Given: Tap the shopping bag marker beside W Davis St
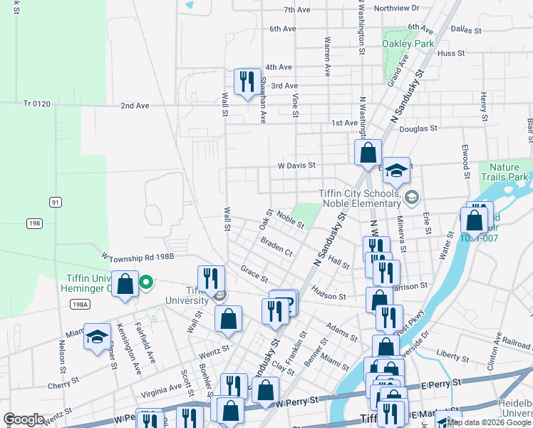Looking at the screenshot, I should point(368,153).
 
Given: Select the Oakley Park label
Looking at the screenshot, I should point(408,44).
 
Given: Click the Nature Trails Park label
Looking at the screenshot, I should point(504,171).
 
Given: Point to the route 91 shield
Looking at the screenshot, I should point(55,203).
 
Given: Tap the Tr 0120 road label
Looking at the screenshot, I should point(37,104).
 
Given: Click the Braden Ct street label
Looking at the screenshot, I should point(276,248).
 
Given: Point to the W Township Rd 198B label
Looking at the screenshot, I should point(138,256).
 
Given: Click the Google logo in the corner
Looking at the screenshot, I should point(24,419).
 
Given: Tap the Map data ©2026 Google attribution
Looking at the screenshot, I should point(489,422).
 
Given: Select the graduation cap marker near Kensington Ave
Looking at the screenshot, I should point(97,337).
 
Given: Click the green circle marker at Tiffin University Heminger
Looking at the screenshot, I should point(146,282).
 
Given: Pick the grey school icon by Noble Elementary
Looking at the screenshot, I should point(411,196).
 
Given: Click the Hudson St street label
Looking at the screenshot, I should point(328,292).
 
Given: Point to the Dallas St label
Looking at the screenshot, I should point(467,29).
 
